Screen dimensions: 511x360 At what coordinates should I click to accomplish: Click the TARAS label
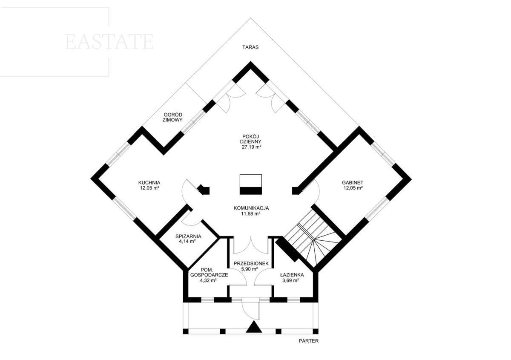pyautogui.click(x=250, y=47)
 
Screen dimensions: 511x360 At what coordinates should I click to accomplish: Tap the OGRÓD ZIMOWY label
pyautogui.click(x=172, y=117)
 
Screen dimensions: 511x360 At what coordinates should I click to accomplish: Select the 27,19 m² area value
pyautogui.click(x=251, y=147)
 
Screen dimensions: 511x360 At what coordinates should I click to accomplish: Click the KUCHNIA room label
pyautogui.click(x=149, y=183)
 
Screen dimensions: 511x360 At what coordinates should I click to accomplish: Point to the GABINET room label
pyautogui.click(x=353, y=183)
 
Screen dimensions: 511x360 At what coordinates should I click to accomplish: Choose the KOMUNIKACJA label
pyautogui.click(x=251, y=208)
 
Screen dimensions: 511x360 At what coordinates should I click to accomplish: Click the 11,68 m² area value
pyautogui.click(x=251, y=214)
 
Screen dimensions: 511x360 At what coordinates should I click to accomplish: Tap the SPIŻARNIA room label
pyautogui.click(x=188, y=236)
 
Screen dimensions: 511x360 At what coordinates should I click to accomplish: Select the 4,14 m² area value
pyautogui.click(x=188, y=242)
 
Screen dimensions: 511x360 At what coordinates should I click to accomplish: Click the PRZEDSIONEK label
pyautogui.click(x=251, y=263)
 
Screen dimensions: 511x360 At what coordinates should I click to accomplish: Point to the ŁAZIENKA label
pyautogui.click(x=292, y=275)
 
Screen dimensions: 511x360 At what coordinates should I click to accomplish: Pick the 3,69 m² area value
pyautogui.click(x=290, y=281)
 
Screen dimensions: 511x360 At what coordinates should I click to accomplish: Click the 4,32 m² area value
pyautogui.click(x=208, y=281)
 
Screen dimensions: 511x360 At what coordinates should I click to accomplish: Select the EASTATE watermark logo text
pyautogui.click(x=109, y=42)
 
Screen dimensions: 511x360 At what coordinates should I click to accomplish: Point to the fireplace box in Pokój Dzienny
pyautogui.click(x=250, y=184)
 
